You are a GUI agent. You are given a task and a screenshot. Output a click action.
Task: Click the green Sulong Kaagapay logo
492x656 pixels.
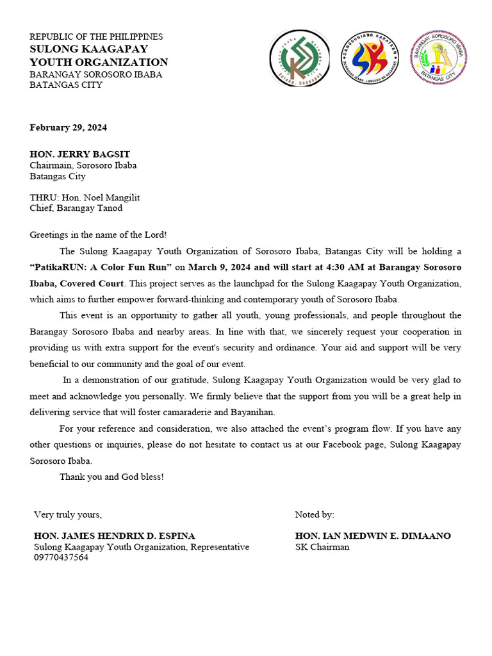299,58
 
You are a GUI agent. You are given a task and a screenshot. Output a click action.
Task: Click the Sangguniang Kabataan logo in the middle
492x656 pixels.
368,58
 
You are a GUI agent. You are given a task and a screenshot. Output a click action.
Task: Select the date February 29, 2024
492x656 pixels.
68,127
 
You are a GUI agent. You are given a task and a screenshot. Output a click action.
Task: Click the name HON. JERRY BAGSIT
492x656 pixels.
79,154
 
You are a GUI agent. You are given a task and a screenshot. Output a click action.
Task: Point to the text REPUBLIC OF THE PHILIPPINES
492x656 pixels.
96,37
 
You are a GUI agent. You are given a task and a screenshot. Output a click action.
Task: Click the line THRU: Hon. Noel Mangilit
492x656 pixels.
85,197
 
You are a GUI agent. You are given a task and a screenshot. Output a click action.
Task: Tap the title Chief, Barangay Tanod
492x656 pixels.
76,208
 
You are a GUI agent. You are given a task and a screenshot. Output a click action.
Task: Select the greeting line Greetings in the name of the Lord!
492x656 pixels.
98,235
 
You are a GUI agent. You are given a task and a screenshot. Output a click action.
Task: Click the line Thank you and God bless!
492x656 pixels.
111,477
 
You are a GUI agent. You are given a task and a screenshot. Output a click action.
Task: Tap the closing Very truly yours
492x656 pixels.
67,514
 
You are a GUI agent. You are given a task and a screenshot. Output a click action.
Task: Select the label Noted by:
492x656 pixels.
314,514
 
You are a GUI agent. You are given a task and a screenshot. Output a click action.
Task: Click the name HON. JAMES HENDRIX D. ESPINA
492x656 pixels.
115,536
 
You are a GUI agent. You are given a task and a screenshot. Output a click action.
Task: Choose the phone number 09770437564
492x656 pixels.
61,557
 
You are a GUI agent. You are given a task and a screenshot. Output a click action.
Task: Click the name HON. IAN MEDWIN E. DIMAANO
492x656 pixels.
373,536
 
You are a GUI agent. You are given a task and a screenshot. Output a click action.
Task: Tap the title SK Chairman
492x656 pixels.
322,547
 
